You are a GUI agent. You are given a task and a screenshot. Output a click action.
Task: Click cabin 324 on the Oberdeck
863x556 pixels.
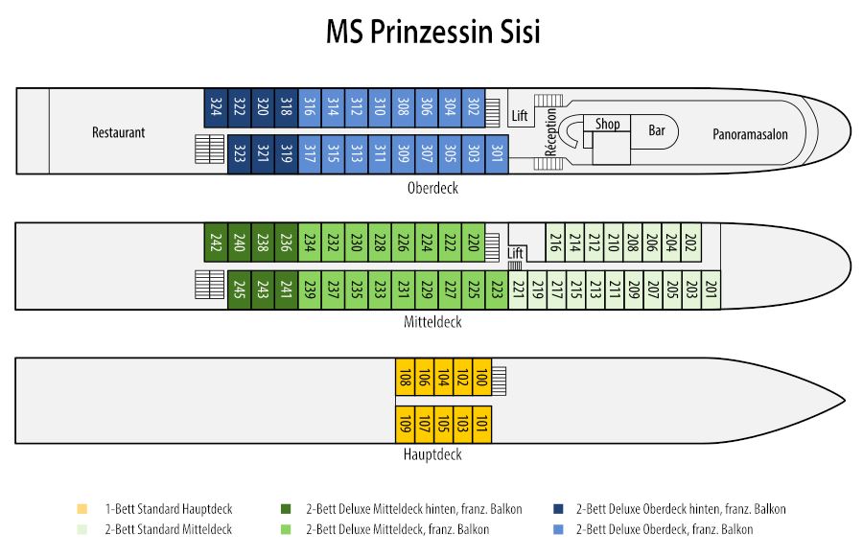[x=216, y=108]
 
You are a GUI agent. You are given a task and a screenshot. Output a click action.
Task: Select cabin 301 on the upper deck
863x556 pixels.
[x=497, y=154]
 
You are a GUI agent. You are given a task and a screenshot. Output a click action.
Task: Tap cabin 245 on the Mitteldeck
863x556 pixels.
[x=240, y=290]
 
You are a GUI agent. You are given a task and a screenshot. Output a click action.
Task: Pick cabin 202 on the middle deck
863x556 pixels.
[x=691, y=243]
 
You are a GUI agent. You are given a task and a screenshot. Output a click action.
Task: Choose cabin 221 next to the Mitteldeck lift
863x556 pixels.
[x=518, y=290]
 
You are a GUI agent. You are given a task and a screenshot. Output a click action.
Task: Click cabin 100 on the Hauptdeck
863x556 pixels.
[x=481, y=377]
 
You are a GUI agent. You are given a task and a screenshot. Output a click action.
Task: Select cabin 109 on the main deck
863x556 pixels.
[x=405, y=425]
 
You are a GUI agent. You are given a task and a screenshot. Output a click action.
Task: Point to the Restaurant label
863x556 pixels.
[x=118, y=132]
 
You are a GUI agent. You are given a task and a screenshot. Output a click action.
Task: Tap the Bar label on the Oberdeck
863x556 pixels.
[x=657, y=130]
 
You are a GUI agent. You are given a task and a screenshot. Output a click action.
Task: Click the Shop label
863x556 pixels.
[x=608, y=124]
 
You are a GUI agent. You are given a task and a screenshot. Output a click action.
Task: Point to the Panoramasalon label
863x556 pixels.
[x=750, y=134]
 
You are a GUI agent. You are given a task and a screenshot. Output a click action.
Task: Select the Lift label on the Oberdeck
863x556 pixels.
[x=520, y=116]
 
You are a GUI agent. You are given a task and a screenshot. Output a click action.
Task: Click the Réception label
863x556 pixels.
[x=551, y=132]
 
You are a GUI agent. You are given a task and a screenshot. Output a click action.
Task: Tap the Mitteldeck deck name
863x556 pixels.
[x=432, y=322]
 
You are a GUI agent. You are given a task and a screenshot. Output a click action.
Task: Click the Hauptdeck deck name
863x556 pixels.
[x=432, y=454]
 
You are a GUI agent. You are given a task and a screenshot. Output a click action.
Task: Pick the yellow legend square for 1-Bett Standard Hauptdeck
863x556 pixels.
[x=82, y=509]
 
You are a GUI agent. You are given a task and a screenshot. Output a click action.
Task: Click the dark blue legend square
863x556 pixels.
[x=559, y=509]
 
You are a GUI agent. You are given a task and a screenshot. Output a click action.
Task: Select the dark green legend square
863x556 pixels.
[x=286, y=509]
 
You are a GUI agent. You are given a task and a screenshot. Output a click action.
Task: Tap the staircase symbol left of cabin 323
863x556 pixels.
[x=210, y=150]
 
